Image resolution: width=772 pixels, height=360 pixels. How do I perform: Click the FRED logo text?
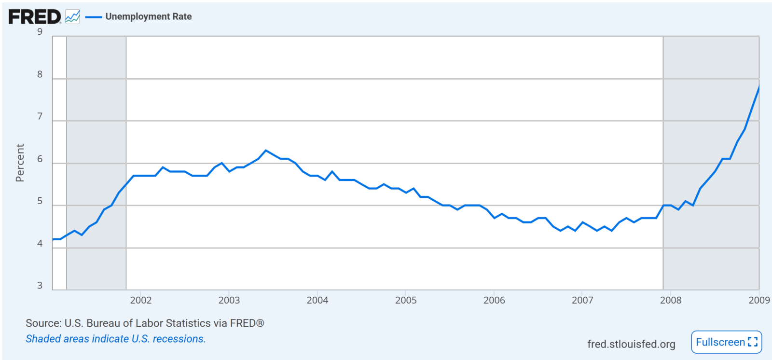coord(34,17)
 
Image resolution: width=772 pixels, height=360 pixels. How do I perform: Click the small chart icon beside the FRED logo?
coord(72,17)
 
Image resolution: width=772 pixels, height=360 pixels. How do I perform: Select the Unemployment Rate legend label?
coord(149,17)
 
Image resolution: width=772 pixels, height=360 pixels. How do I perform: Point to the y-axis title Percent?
coord(20,163)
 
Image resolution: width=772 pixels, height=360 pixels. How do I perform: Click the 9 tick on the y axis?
coord(40,32)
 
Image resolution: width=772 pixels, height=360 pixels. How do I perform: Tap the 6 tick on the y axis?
coord(40,159)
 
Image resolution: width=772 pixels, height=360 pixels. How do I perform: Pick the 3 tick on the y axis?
coord(40,286)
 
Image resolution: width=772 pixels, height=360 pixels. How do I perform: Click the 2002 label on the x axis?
coord(140,301)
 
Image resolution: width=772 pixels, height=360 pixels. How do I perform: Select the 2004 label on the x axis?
coord(317,301)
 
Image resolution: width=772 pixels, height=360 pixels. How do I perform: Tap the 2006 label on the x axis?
coord(494,301)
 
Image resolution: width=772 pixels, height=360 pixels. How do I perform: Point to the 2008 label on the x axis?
coord(671,301)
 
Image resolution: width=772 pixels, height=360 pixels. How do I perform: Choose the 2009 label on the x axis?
coord(758,301)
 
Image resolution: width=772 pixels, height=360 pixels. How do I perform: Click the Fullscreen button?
coord(726,342)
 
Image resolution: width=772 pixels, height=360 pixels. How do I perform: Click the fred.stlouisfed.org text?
coord(631,344)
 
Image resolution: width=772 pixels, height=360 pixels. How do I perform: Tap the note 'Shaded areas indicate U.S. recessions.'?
coord(116,339)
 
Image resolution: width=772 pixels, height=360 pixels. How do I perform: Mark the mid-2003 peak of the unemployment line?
coord(266,151)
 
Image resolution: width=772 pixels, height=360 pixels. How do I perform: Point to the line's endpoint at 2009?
coord(759,87)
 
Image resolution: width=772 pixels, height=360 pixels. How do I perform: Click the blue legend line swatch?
coord(94,17)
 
